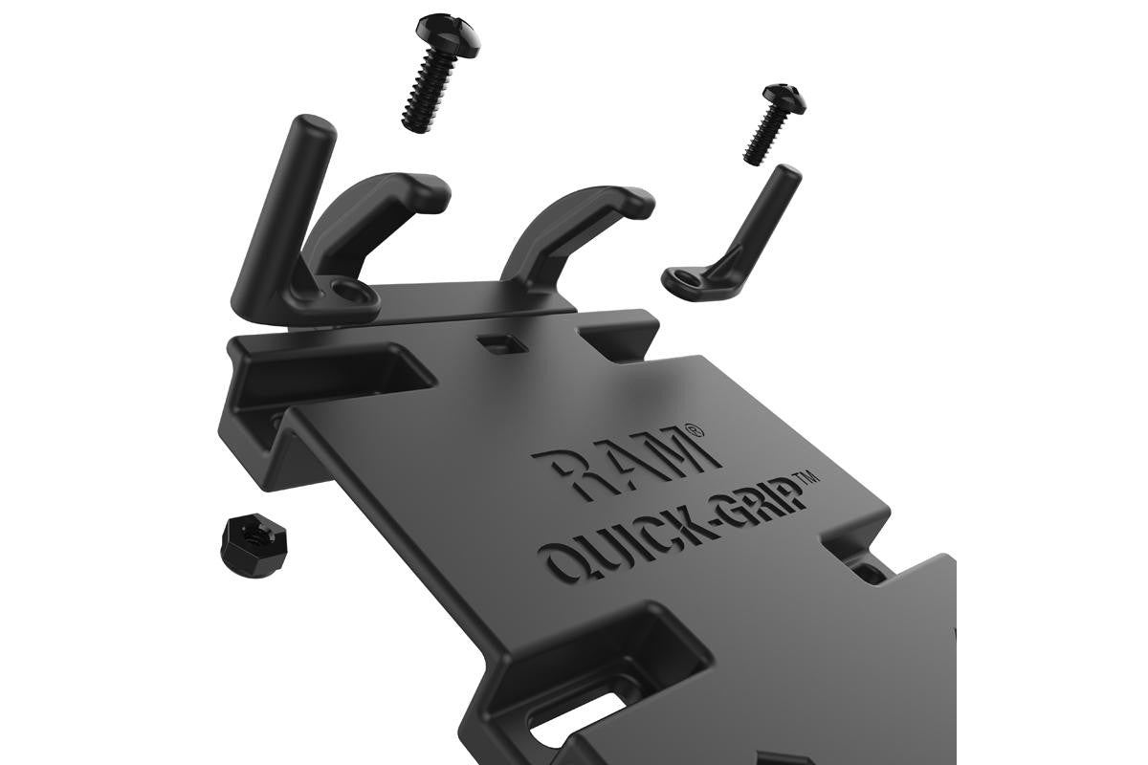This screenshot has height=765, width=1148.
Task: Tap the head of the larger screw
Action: coord(448,33)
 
